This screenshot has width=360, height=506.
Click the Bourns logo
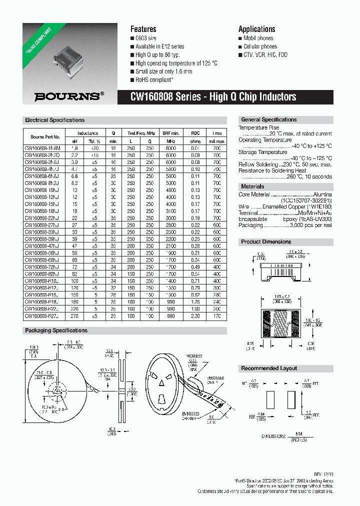(x=69, y=96)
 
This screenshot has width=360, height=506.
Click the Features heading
(x=143, y=29)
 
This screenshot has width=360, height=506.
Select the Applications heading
(x=256, y=29)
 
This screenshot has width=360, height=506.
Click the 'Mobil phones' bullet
(x=258, y=38)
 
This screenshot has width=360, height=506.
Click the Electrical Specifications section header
(x=55, y=120)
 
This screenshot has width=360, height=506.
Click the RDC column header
(x=195, y=133)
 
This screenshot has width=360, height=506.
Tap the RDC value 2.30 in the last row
(x=195, y=316)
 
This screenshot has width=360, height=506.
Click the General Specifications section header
(x=269, y=120)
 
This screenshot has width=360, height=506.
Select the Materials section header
(x=252, y=186)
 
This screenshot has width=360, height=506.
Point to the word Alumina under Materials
(x=322, y=194)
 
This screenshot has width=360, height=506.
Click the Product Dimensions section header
(x=266, y=241)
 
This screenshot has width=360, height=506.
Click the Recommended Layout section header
(x=269, y=368)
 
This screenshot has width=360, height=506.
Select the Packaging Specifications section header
(x=56, y=330)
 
